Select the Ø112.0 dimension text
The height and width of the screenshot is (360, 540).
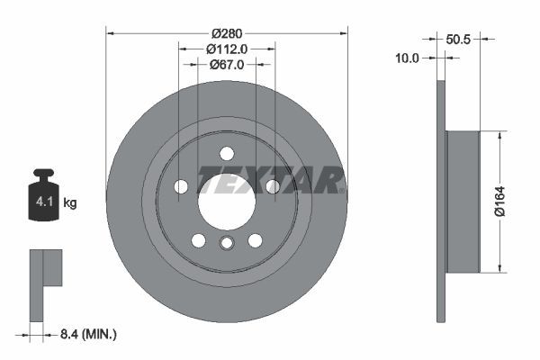pos(227,49)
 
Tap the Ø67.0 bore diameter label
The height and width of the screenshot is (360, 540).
pos(227,65)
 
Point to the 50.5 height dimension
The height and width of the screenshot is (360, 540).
pos(459,39)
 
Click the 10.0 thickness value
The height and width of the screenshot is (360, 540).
pos(409,58)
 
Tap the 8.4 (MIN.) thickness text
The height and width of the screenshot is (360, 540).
pos(86,334)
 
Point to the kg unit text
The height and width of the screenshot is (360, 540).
pos(70,203)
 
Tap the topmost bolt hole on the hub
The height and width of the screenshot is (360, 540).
pos(227,153)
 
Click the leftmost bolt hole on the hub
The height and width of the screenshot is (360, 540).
pos(181,186)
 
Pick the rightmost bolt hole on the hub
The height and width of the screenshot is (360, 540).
pos(272,186)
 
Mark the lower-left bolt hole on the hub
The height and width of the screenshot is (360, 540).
pos(198,240)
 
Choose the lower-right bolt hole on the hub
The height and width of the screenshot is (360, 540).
pos(255,240)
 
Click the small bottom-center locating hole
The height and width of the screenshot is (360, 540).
pos(227,243)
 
